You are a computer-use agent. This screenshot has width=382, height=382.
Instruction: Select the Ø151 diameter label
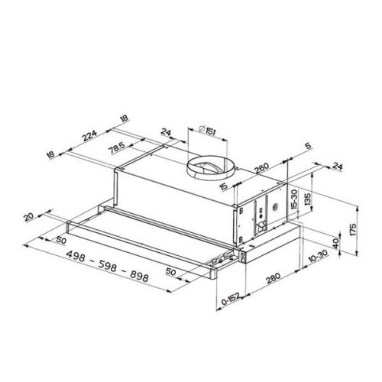pos(205,135)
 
